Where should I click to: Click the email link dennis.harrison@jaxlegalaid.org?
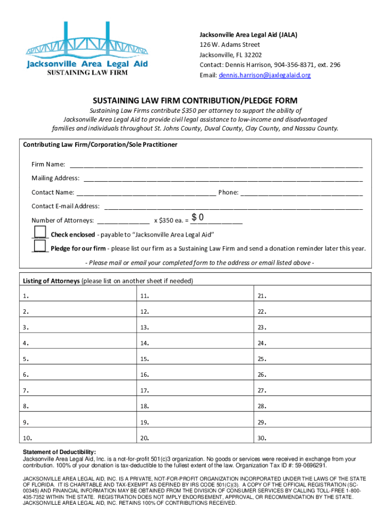coord(265,75)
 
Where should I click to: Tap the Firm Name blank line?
coord(216,164)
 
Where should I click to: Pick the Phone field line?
coord(301,192)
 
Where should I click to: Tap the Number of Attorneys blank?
coord(123,220)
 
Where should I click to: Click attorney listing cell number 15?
coord(195,359)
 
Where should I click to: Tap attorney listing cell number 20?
coord(195,438)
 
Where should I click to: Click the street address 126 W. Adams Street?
coord(230,45)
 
